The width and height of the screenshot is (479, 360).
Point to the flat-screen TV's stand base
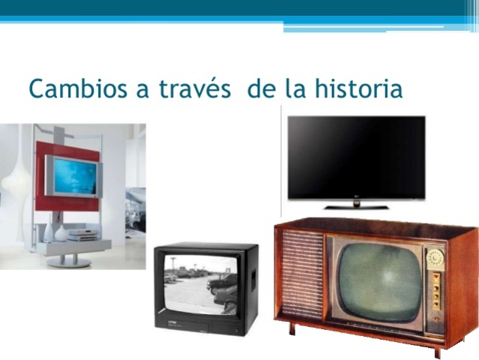355,205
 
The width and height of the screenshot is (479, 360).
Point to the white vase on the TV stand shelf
61,233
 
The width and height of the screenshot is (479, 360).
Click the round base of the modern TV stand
73,262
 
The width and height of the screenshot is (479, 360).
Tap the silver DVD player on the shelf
80,235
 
